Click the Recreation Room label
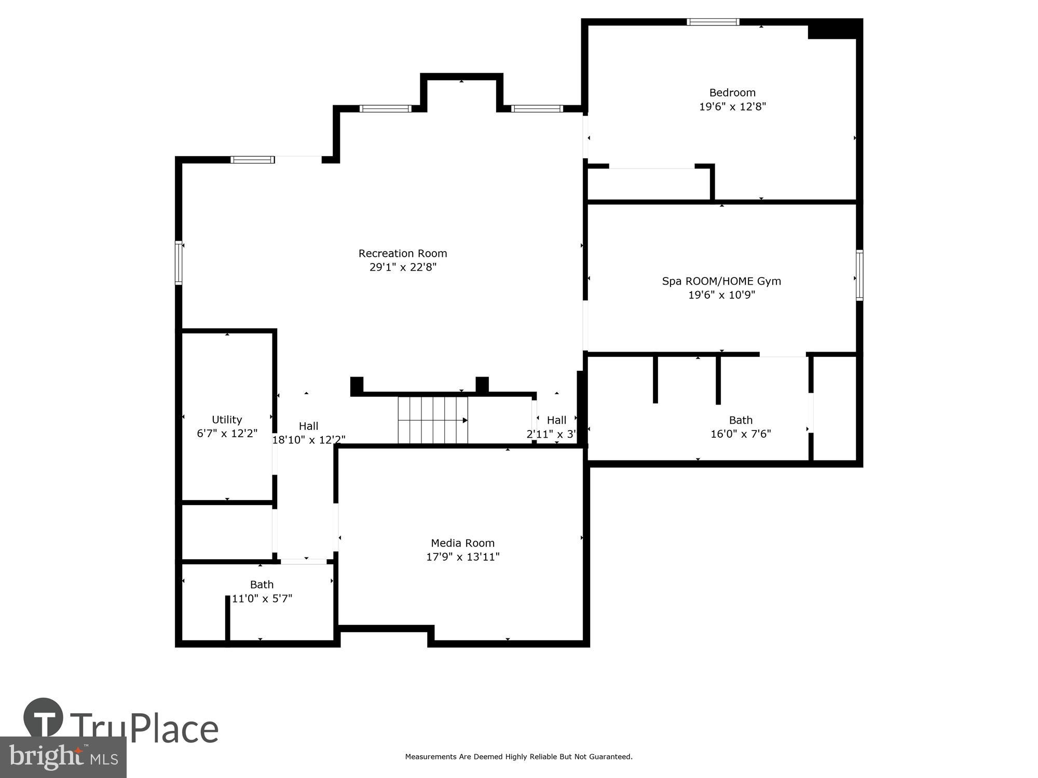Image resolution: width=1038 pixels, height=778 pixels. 402,253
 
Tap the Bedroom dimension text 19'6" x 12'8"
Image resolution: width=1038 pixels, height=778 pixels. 732,107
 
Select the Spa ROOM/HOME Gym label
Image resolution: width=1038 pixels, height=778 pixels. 721,281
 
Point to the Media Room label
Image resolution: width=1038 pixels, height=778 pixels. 462,543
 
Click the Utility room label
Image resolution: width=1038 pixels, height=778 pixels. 227,420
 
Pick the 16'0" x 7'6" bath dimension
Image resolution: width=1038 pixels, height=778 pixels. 740,434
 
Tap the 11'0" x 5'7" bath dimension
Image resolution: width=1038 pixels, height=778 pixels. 262,599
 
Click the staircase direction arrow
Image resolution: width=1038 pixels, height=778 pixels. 465,420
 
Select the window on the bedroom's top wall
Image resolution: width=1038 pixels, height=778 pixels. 713,22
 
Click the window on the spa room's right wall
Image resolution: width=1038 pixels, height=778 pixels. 859,275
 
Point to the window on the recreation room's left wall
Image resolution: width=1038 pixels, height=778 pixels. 179,262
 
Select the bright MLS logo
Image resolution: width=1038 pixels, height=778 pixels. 63,757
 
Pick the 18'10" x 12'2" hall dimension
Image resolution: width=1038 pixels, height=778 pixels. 309,440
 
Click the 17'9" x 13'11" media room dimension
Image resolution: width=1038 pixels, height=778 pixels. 462,557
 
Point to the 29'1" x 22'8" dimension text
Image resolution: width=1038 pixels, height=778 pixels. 402,267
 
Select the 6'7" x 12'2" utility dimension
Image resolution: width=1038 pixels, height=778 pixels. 227,434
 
